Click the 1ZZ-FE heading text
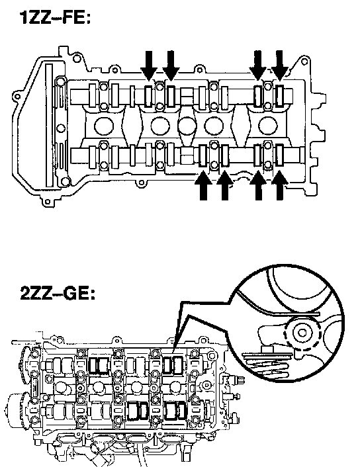coord(54,18)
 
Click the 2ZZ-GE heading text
coord(58,293)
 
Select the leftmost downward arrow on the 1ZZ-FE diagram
coord(149,65)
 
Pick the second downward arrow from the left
coord(171,65)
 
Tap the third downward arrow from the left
coord(258,65)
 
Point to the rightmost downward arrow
coord(279,65)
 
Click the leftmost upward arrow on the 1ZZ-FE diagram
coord(204,185)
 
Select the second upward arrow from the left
coord(225,185)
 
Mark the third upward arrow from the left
coord(258,185)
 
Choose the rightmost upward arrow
coord(279,185)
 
